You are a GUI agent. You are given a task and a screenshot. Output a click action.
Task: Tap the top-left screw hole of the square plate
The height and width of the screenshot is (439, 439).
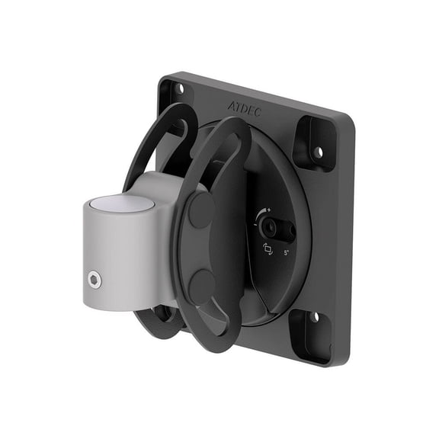[x=179, y=88]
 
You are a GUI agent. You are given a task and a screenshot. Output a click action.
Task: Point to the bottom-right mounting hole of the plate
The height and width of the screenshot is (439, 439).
[x=314, y=316]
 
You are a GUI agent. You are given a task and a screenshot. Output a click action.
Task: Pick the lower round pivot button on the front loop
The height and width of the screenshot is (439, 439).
[x=202, y=287]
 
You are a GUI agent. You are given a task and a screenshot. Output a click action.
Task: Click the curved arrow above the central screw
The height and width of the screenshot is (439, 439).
[x=263, y=213]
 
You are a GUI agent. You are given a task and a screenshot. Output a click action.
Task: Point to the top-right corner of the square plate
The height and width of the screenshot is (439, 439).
[x=352, y=119]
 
